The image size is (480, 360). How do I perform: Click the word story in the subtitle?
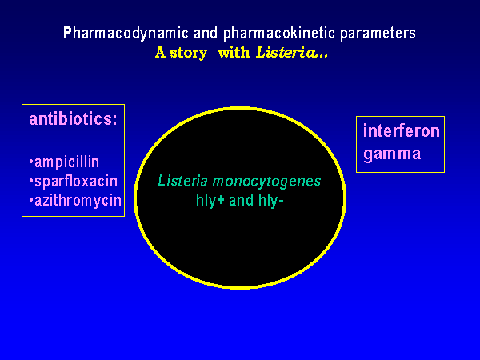[187, 54]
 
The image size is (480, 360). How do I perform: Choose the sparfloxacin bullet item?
[73, 181]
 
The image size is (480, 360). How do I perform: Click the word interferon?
[402, 131]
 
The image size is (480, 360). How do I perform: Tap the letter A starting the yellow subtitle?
[160, 54]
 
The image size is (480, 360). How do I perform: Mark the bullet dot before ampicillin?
[30, 162]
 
